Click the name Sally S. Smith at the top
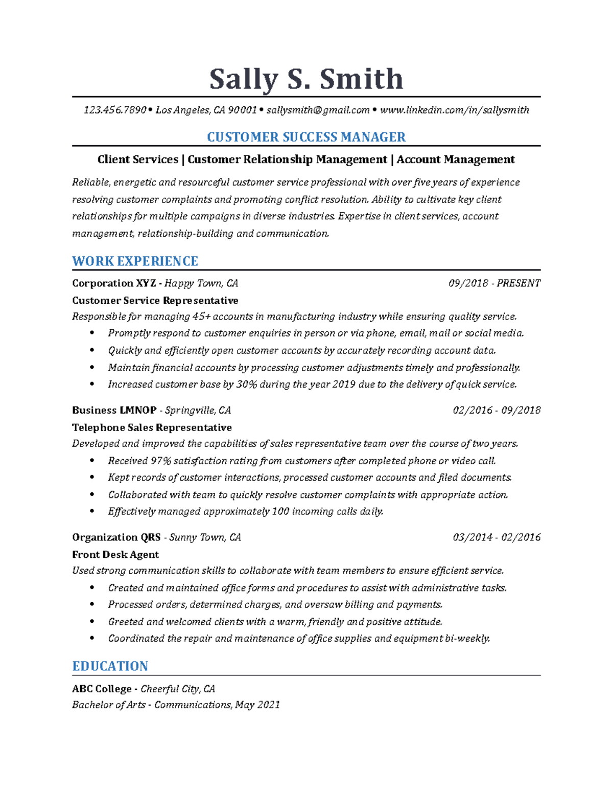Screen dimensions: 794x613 pos(306,79)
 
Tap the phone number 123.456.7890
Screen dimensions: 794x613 pos(115,110)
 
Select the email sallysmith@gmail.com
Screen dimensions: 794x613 pos(318,110)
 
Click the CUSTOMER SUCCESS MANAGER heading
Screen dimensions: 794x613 pos(306,137)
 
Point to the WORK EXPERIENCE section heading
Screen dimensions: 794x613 pos(135,261)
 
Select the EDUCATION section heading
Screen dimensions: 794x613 pos(110,666)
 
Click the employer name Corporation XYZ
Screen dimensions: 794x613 pos(114,283)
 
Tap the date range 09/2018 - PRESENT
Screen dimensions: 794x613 pos(494,283)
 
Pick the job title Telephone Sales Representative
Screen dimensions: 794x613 pos(152,427)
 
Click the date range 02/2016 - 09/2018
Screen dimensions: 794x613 pos(496,410)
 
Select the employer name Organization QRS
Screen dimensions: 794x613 pos(116,537)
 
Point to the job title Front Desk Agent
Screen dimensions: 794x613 pos(115,555)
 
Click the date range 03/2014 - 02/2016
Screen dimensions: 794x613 pos(496,537)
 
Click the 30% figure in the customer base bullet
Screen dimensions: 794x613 pos(247,384)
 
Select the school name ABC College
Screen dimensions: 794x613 pos(102,689)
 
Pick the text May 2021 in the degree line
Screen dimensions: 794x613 pos(257,705)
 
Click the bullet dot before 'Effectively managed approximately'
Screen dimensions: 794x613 pos(92,511)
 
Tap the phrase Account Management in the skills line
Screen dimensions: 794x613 pos(456,160)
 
